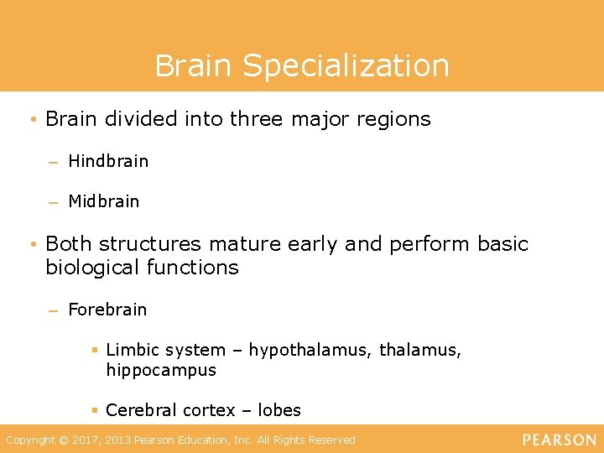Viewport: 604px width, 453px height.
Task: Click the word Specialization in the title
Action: [x=347, y=65]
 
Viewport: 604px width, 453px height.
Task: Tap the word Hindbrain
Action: [x=108, y=161]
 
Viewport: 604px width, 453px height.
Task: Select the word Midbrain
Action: [x=104, y=201]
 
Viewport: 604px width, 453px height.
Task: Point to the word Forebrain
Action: [x=107, y=310]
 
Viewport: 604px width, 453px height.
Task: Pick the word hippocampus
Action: [x=161, y=370]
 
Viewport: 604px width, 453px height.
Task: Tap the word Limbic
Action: [x=132, y=350]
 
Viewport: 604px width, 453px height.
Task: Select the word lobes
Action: [x=279, y=410]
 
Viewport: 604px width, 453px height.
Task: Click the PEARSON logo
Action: [x=560, y=440]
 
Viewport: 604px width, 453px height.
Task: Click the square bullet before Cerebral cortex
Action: [x=96, y=410]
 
